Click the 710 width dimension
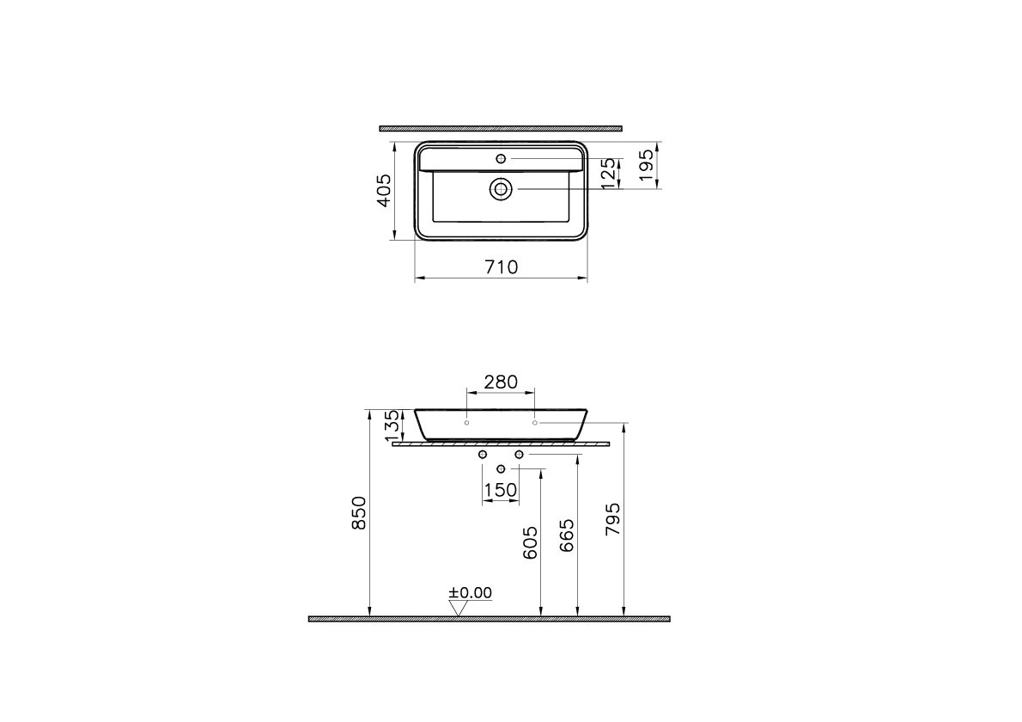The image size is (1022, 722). pyautogui.click(x=501, y=267)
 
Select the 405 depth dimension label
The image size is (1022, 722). pyautogui.click(x=384, y=190)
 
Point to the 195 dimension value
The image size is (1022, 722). pyautogui.click(x=647, y=163)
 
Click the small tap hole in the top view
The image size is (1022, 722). pyautogui.click(x=502, y=158)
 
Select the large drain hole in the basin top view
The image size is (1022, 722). pyautogui.click(x=501, y=188)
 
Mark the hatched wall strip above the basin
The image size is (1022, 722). pyautogui.click(x=501, y=128)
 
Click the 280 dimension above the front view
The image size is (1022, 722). pyautogui.click(x=500, y=382)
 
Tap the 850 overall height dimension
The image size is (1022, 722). pyautogui.click(x=360, y=512)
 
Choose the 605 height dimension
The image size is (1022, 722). pyautogui.click(x=530, y=543)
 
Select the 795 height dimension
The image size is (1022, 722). pyautogui.click(x=613, y=519)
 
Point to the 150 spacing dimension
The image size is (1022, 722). pyautogui.click(x=501, y=490)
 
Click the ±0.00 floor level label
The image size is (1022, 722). pyautogui.click(x=471, y=592)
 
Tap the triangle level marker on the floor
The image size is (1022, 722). pyautogui.click(x=458, y=608)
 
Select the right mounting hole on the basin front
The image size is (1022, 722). pyautogui.click(x=534, y=423)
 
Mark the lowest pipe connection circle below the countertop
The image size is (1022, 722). pyautogui.click(x=502, y=468)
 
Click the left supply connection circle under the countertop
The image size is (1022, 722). pyautogui.click(x=483, y=454)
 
